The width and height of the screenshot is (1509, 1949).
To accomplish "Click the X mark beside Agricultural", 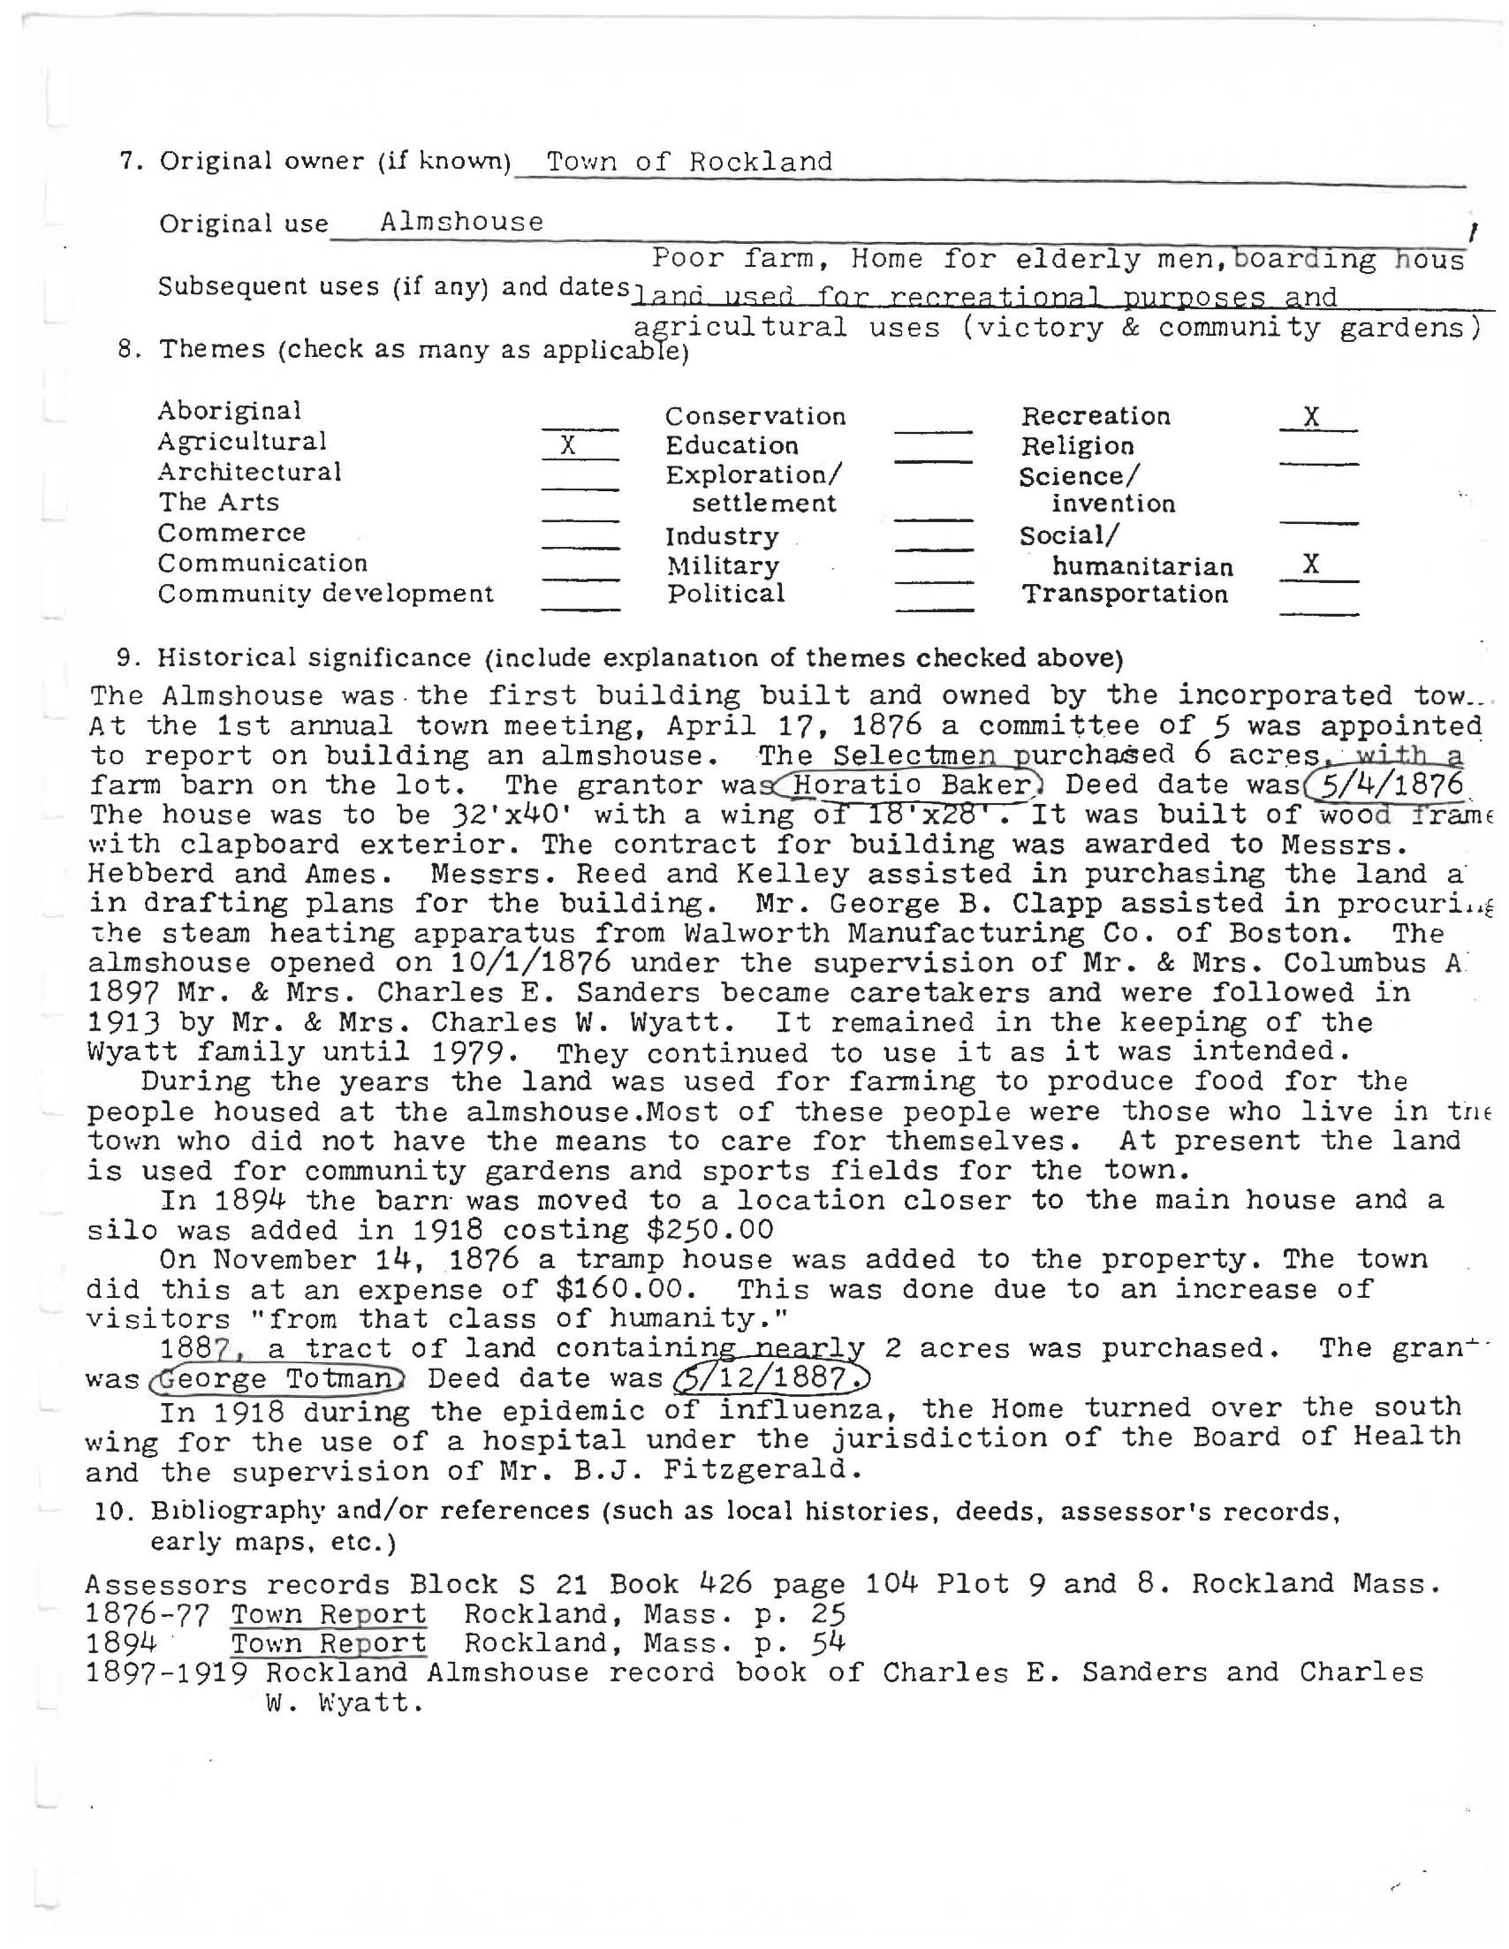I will pyautogui.click(x=568, y=444).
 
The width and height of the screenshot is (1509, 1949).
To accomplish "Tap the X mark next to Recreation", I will pyautogui.click(x=1311, y=417).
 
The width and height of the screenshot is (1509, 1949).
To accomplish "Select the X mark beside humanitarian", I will pyautogui.click(x=1311, y=564).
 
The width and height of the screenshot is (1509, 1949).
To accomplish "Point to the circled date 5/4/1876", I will pyautogui.click(x=1384, y=785).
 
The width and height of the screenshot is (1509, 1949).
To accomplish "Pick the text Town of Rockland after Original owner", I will pyautogui.click(x=689, y=162).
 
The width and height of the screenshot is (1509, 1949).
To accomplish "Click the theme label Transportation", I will pyautogui.click(x=1125, y=595).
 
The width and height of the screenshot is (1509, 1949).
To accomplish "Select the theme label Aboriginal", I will pyautogui.click(x=230, y=411).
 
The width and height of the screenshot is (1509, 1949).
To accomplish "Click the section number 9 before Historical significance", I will pyautogui.click(x=125, y=657).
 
